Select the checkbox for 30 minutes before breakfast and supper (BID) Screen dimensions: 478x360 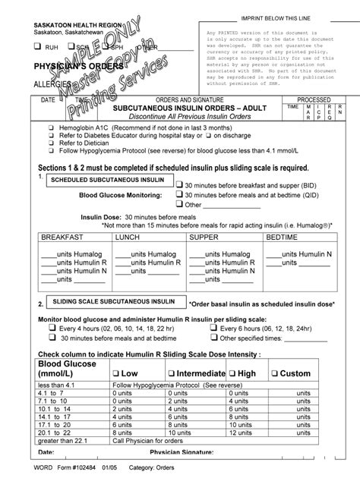[x=178, y=184]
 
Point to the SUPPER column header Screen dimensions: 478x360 [x=203, y=237]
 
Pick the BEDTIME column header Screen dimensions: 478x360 [x=283, y=237]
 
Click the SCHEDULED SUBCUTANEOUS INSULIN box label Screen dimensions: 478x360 [x=108, y=181]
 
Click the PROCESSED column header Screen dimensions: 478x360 [x=313, y=99]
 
